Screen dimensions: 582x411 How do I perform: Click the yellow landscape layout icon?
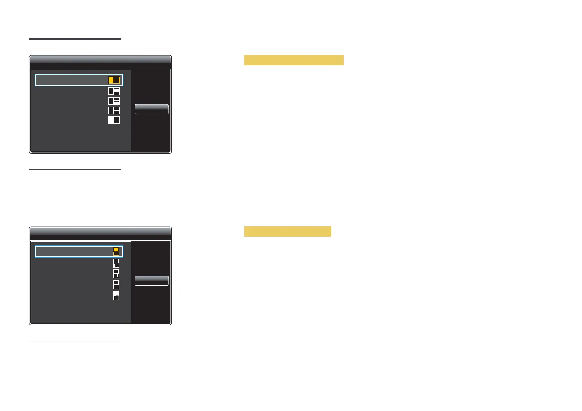click(x=114, y=80)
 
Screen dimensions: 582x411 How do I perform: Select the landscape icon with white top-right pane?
click(x=114, y=91)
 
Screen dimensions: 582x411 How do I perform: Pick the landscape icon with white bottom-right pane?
click(x=114, y=101)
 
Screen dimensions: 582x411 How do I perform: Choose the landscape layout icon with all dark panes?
click(x=114, y=110)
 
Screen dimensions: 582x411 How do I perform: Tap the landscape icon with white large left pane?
click(x=114, y=120)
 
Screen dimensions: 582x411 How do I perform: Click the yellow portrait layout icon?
click(x=116, y=252)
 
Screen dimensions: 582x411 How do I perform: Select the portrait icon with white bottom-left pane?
click(x=116, y=263)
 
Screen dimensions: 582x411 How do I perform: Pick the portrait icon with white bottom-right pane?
click(x=116, y=274)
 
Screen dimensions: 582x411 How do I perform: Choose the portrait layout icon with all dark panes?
click(x=116, y=285)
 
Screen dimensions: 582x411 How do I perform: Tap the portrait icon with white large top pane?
click(x=116, y=296)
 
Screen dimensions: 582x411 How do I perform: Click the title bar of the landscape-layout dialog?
click(x=100, y=61)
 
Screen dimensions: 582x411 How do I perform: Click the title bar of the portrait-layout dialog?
click(x=100, y=233)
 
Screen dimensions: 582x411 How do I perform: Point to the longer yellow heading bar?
click(x=293, y=60)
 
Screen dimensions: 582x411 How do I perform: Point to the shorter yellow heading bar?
click(x=288, y=232)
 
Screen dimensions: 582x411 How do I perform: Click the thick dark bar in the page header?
click(x=75, y=39)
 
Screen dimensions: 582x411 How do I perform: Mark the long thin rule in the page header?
click(x=345, y=39)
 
